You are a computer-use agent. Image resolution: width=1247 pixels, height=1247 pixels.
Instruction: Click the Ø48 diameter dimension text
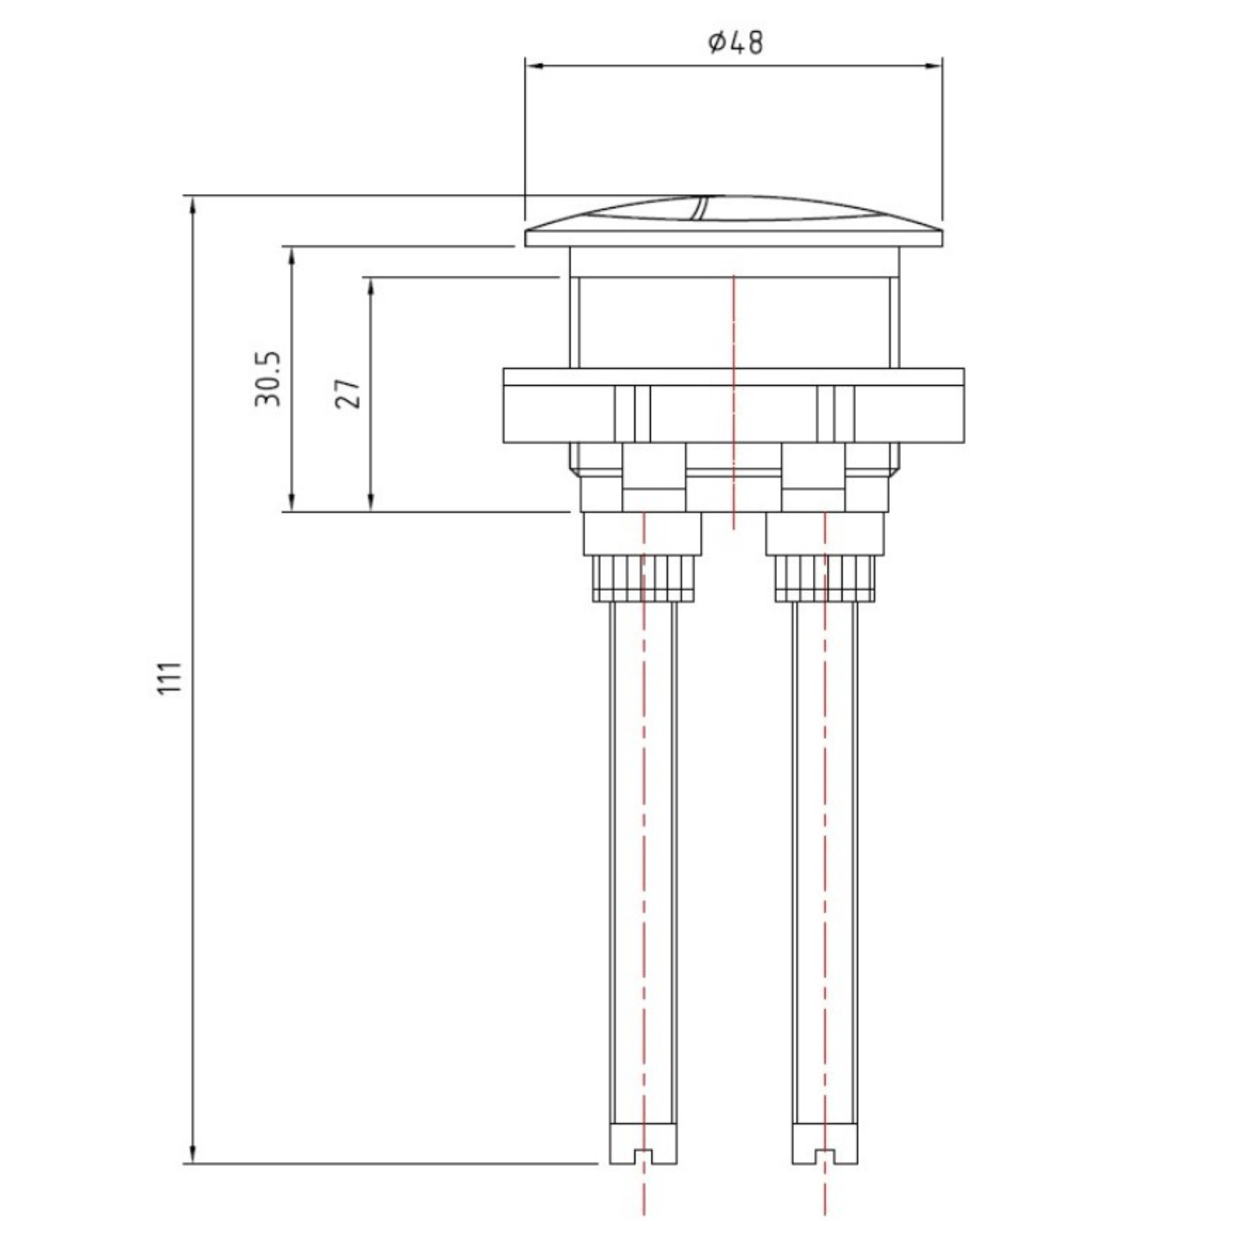coord(736,41)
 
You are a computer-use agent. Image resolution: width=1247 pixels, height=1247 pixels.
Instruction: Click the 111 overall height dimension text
coord(170,677)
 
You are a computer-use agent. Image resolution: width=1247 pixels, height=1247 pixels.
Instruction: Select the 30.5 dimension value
coord(267,379)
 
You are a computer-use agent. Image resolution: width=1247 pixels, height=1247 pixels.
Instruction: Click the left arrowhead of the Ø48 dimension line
coord(535,66)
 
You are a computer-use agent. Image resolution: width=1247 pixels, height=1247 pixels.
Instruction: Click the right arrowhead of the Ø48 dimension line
coord(934,66)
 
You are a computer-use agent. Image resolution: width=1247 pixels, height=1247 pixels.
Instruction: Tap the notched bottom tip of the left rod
coord(643,1169)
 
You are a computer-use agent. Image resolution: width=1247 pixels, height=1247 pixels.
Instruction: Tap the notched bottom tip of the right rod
coord(825,1169)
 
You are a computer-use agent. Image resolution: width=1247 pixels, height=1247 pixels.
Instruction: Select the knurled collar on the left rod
coord(644,578)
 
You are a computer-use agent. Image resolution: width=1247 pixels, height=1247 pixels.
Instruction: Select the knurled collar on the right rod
coord(825,578)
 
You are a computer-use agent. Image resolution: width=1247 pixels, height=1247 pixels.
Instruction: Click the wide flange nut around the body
coord(733,405)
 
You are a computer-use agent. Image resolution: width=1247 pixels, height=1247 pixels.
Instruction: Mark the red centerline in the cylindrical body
coord(733,327)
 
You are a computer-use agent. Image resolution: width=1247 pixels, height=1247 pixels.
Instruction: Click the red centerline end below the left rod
coord(644,1224)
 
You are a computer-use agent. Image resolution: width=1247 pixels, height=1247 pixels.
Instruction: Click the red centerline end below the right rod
coord(825,1224)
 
